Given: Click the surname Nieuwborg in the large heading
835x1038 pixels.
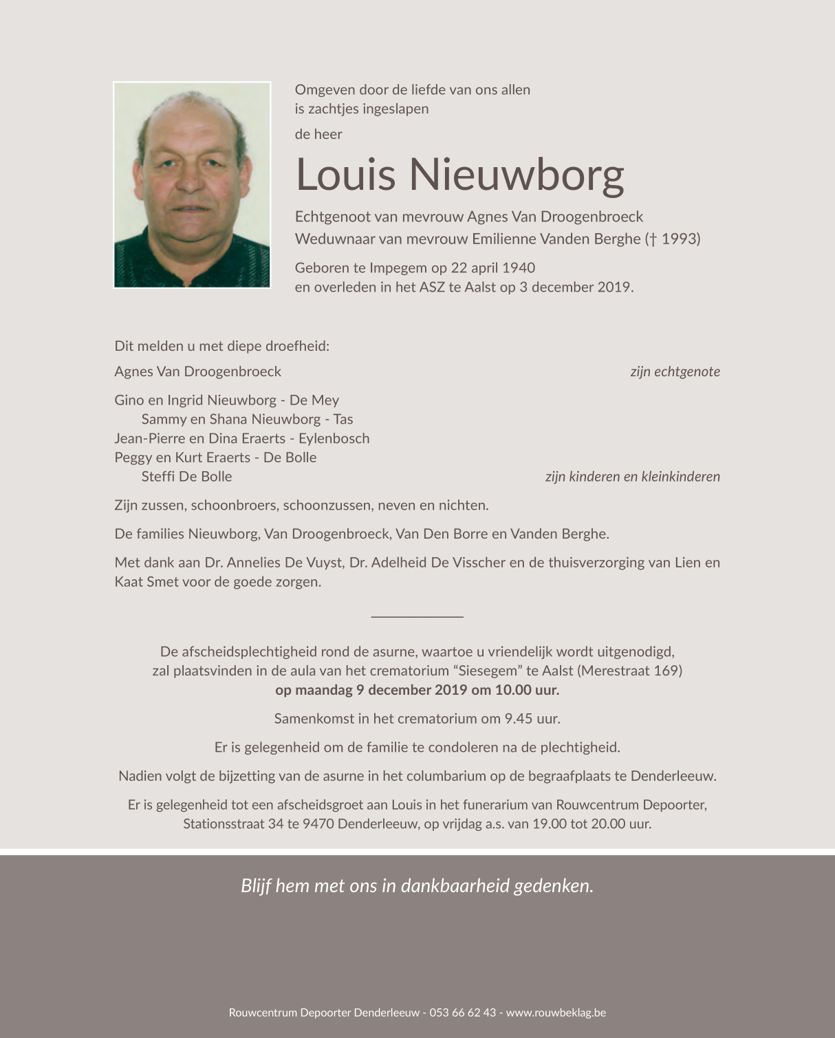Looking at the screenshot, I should [x=517, y=175].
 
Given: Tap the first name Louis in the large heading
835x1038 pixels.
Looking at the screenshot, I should [x=346, y=175].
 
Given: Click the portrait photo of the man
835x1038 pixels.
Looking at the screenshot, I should [x=192, y=185].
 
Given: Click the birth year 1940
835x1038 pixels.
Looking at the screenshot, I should [x=519, y=268].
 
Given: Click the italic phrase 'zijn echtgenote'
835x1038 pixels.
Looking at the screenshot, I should [x=675, y=371].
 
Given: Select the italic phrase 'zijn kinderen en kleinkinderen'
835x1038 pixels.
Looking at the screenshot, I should [x=632, y=477].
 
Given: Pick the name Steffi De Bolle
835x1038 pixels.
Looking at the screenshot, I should [x=186, y=477].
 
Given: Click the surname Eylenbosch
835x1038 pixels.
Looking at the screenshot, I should [x=334, y=438].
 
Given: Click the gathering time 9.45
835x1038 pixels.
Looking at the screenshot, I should [x=519, y=719].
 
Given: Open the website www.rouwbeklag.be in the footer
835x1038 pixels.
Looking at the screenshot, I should [x=556, y=1013].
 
